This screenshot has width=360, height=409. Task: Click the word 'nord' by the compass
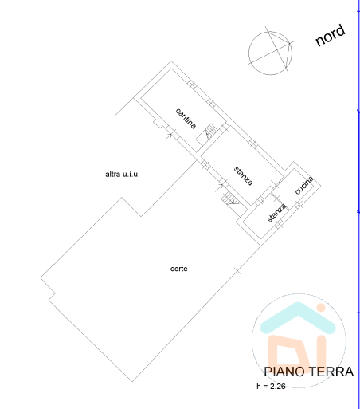click(331, 35)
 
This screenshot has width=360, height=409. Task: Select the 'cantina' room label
click(186, 119)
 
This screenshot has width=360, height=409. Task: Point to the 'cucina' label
click(304, 185)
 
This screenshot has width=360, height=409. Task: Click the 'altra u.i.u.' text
click(123, 175)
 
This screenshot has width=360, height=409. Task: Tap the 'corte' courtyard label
click(178, 269)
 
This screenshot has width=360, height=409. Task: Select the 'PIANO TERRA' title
click(308, 372)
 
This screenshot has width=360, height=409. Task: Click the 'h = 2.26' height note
click(271, 386)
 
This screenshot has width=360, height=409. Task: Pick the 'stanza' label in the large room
click(243, 176)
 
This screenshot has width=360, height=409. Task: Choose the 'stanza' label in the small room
click(276, 213)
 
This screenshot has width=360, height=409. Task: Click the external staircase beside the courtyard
click(230, 199)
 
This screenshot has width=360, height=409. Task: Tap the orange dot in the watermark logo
click(321, 308)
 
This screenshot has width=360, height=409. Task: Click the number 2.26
click(277, 386)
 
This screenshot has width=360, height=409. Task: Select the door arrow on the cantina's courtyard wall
click(170, 134)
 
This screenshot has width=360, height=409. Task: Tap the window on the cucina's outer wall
click(299, 204)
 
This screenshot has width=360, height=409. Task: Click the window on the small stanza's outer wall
click(279, 225)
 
